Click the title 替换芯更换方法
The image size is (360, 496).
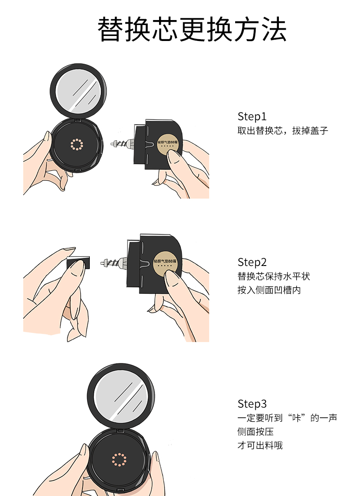(192, 30)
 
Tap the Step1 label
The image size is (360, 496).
(252, 117)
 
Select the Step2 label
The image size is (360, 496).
(252, 262)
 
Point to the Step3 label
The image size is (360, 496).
(252, 404)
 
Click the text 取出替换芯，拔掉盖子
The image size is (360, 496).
(283, 131)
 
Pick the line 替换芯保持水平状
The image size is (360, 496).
(273, 276)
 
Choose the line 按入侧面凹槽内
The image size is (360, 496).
(269, 290)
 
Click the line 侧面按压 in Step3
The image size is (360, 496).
(256, 432)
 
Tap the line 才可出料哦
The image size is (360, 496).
(260, 445)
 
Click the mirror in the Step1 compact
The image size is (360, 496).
(78, 91)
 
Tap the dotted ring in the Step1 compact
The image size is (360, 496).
(77, 144)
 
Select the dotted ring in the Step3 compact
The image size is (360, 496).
(119, 460)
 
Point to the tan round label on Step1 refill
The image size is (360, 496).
(168, 145)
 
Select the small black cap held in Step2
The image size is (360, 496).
(78, 262)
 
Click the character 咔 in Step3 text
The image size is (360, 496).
(296, 418)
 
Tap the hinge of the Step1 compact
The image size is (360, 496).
(78, 120)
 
